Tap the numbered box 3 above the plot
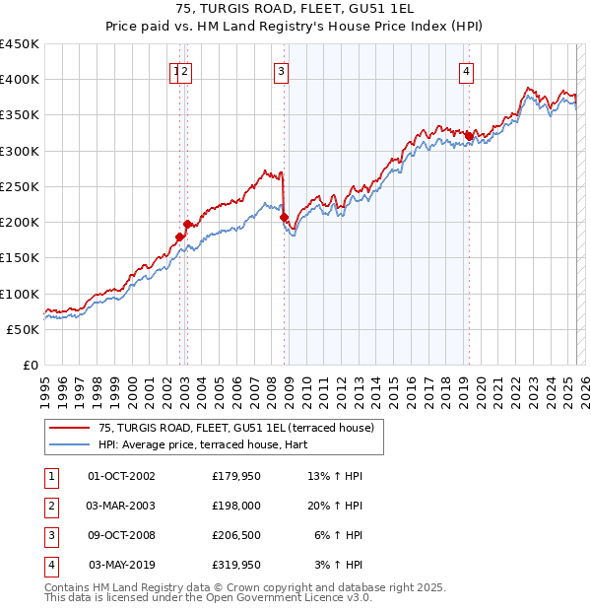click(x=282, y=70)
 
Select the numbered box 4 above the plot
click(x=465, y=70)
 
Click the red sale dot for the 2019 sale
click(x=469, y=136)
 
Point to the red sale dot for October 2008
click(x=284, y=217)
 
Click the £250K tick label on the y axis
click(x=20, y=186)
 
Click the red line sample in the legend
click(x=68, y=429)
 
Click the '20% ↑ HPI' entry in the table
click(x=335, y=506)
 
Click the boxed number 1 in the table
click(x=49, y=477)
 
